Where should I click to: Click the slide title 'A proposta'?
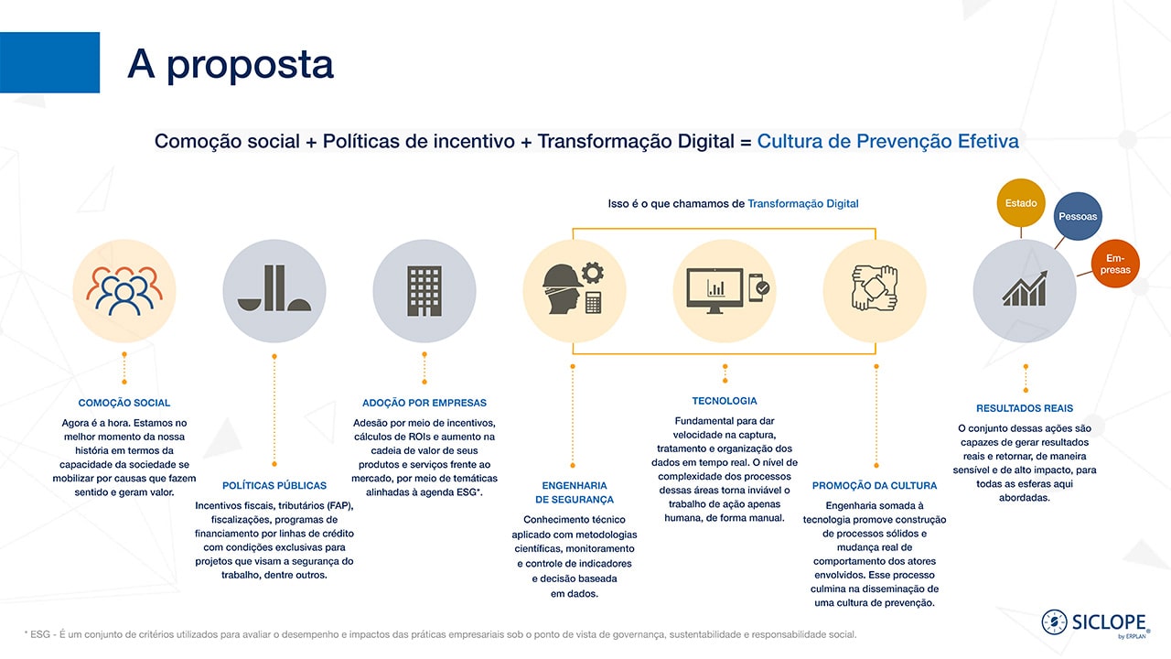coord(231,64)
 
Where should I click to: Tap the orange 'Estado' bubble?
coord(1020,203)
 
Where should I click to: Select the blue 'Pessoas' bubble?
coord(1078,216)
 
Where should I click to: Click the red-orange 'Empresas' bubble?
coord(1115,264)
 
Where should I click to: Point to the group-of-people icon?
coord(124,291)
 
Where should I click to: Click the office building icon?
coord(424,291)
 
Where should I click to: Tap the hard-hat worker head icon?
coord(563,288)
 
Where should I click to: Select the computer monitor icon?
coord(714,291)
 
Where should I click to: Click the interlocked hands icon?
coord(875,288)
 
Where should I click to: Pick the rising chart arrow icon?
coord(1026,288)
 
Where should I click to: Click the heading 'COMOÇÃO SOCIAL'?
coord(124,403)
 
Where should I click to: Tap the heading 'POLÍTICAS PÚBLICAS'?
coord(274,485)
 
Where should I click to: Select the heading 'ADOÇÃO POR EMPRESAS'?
coord(424,403)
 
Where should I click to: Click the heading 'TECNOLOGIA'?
coord(725,401)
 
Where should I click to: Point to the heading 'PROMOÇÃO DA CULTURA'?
coord(875,485)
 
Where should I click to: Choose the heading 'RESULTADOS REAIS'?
coord(1025,408)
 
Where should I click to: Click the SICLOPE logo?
coord(1096,623)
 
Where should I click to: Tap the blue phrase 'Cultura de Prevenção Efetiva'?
coord(888,141)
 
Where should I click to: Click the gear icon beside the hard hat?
coord(593,273)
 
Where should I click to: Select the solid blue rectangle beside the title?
coord(49,62)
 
